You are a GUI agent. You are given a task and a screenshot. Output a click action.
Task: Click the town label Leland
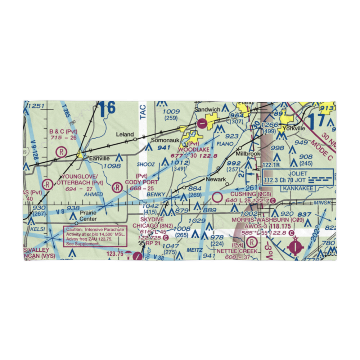(125, 134)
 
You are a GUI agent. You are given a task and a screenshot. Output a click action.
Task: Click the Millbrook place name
(247, 154)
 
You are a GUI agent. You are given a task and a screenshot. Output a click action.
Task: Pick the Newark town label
(216, 179)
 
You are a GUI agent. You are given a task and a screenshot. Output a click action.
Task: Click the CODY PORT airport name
(141, 182)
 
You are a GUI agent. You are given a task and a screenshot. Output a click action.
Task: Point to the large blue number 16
(108, 109)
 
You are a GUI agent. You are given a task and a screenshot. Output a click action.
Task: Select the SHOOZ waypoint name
(146, 165)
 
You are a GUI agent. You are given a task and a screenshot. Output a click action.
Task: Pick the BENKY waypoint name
(156, 194)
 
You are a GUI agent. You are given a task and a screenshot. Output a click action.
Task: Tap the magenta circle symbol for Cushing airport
(217, 197)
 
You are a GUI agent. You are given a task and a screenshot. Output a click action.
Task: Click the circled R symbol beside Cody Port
(117, 187)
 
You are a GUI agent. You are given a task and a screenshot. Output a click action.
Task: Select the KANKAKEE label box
(298, 188)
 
